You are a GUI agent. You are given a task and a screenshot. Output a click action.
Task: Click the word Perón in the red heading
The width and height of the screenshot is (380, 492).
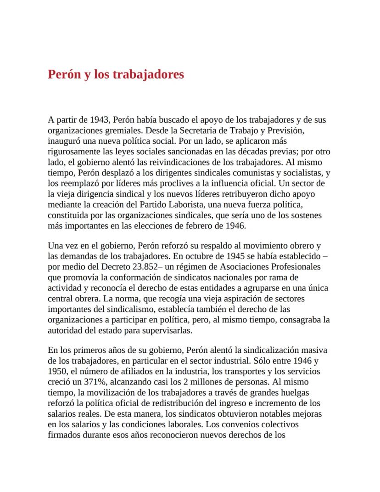(64, 74)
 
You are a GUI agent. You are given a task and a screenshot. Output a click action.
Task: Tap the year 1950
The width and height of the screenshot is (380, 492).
(57, 372)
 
